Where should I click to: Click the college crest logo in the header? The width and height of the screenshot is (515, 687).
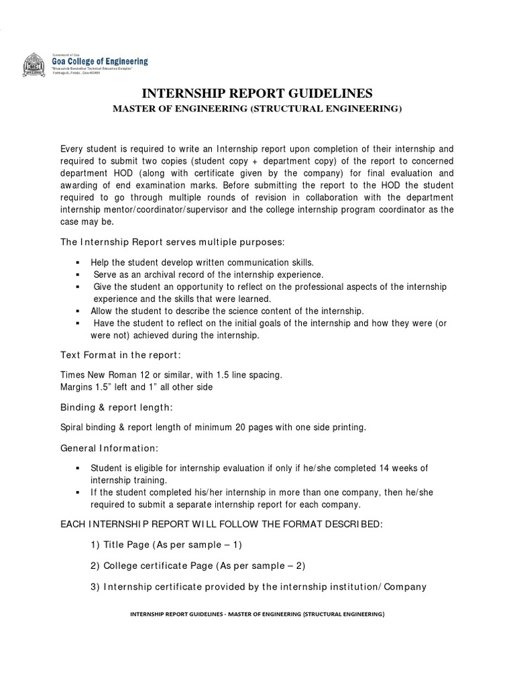36,65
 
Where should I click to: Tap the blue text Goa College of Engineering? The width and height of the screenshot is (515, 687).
100,61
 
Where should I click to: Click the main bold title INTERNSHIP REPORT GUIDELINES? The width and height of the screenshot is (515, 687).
257,93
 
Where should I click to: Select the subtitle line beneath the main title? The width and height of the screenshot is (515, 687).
257,109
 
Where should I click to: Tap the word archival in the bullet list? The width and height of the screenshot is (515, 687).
151,274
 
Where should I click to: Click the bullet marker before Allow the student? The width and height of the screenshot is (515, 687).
78,311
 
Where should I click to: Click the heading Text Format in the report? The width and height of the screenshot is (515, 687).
121,354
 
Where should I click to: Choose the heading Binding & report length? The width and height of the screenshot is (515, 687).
117,407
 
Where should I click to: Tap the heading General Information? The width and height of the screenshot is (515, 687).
111,447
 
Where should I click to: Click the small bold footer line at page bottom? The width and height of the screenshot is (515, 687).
257,614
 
